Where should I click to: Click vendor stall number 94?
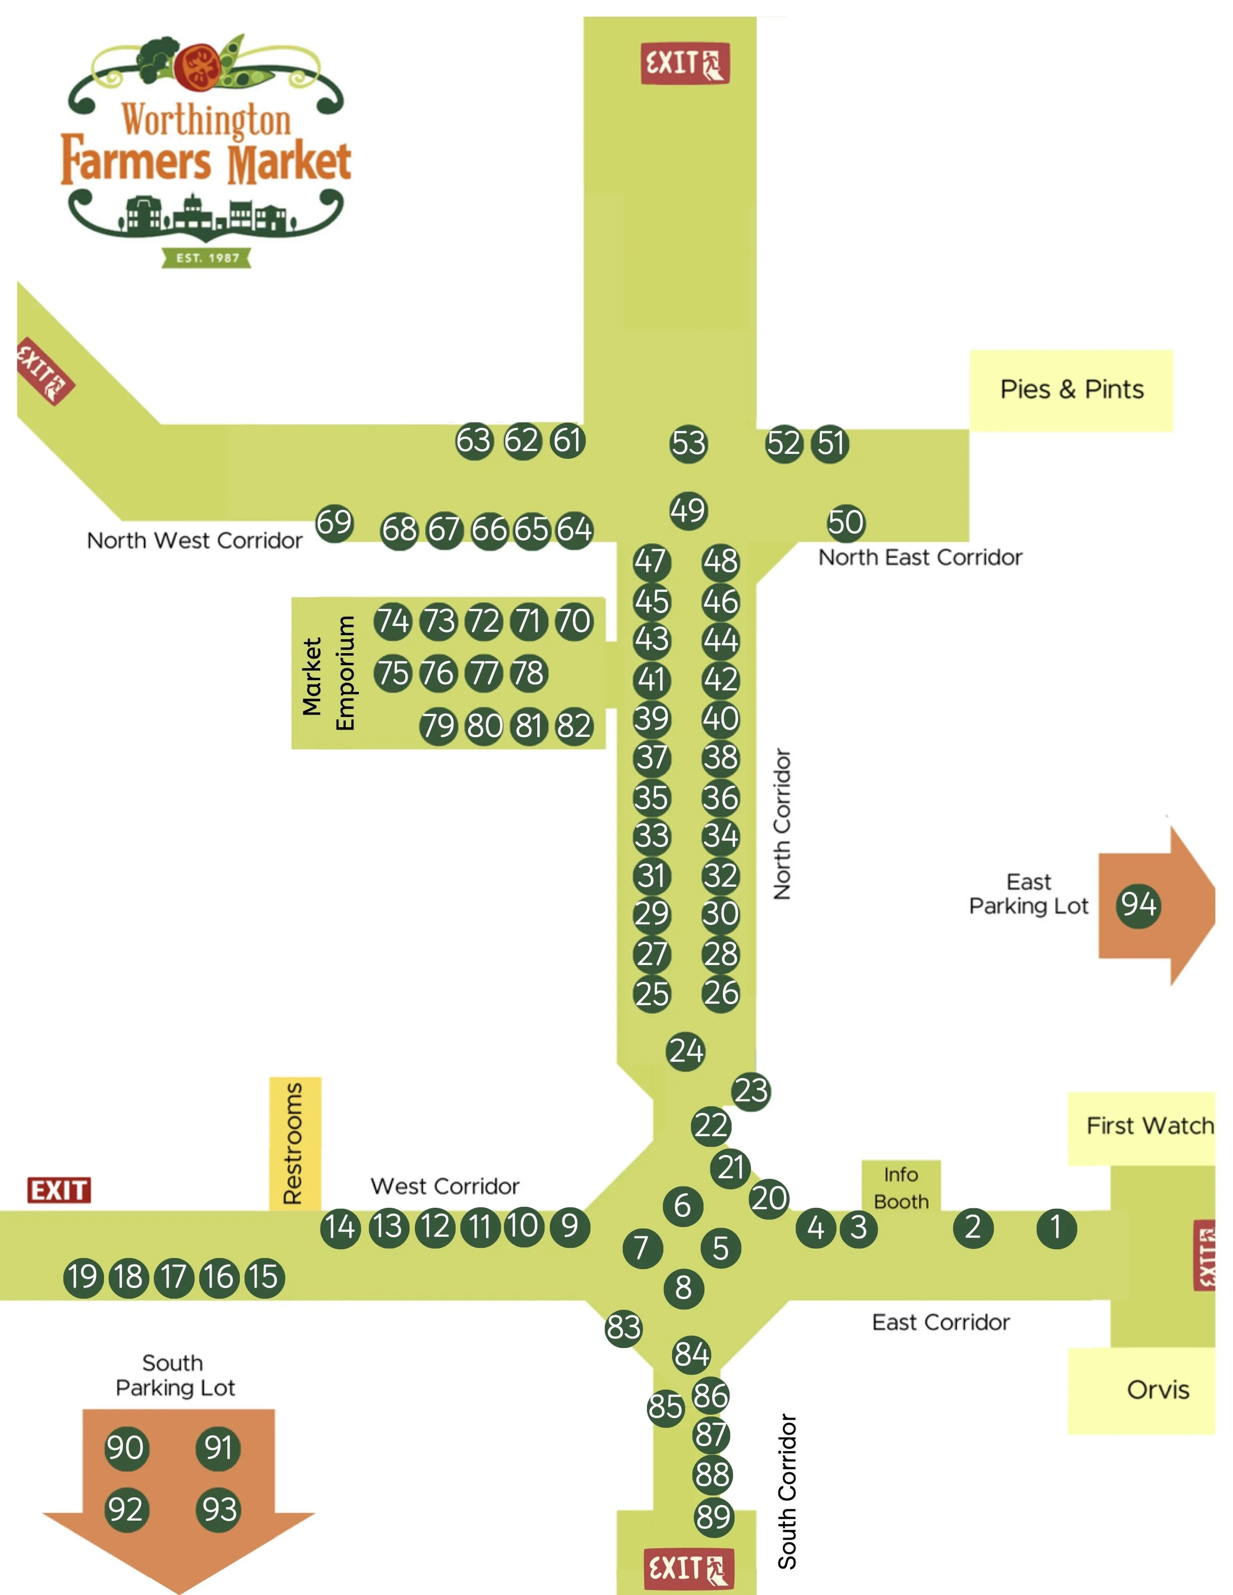pyautogui.click(x=1138, y=906)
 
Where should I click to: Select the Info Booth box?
pyautogui.click(x=901, y=1188)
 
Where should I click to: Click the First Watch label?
pyautogui.click(x=1149, y=1125)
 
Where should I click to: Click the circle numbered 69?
pyautogui.click(x=334, y=523)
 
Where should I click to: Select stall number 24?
pyautogui.click(x=686, y=1051)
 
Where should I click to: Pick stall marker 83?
pyautogui.click(x=623, y=1327)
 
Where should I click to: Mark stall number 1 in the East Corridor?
pyautogui.click(x=1055, y=1227)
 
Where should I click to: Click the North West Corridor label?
pyautogui.click(x=194, y=541)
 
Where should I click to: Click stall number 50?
pyautogui.click(x=846, y=523)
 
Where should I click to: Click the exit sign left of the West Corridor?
pyautogui.click(x=59, y=1191)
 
